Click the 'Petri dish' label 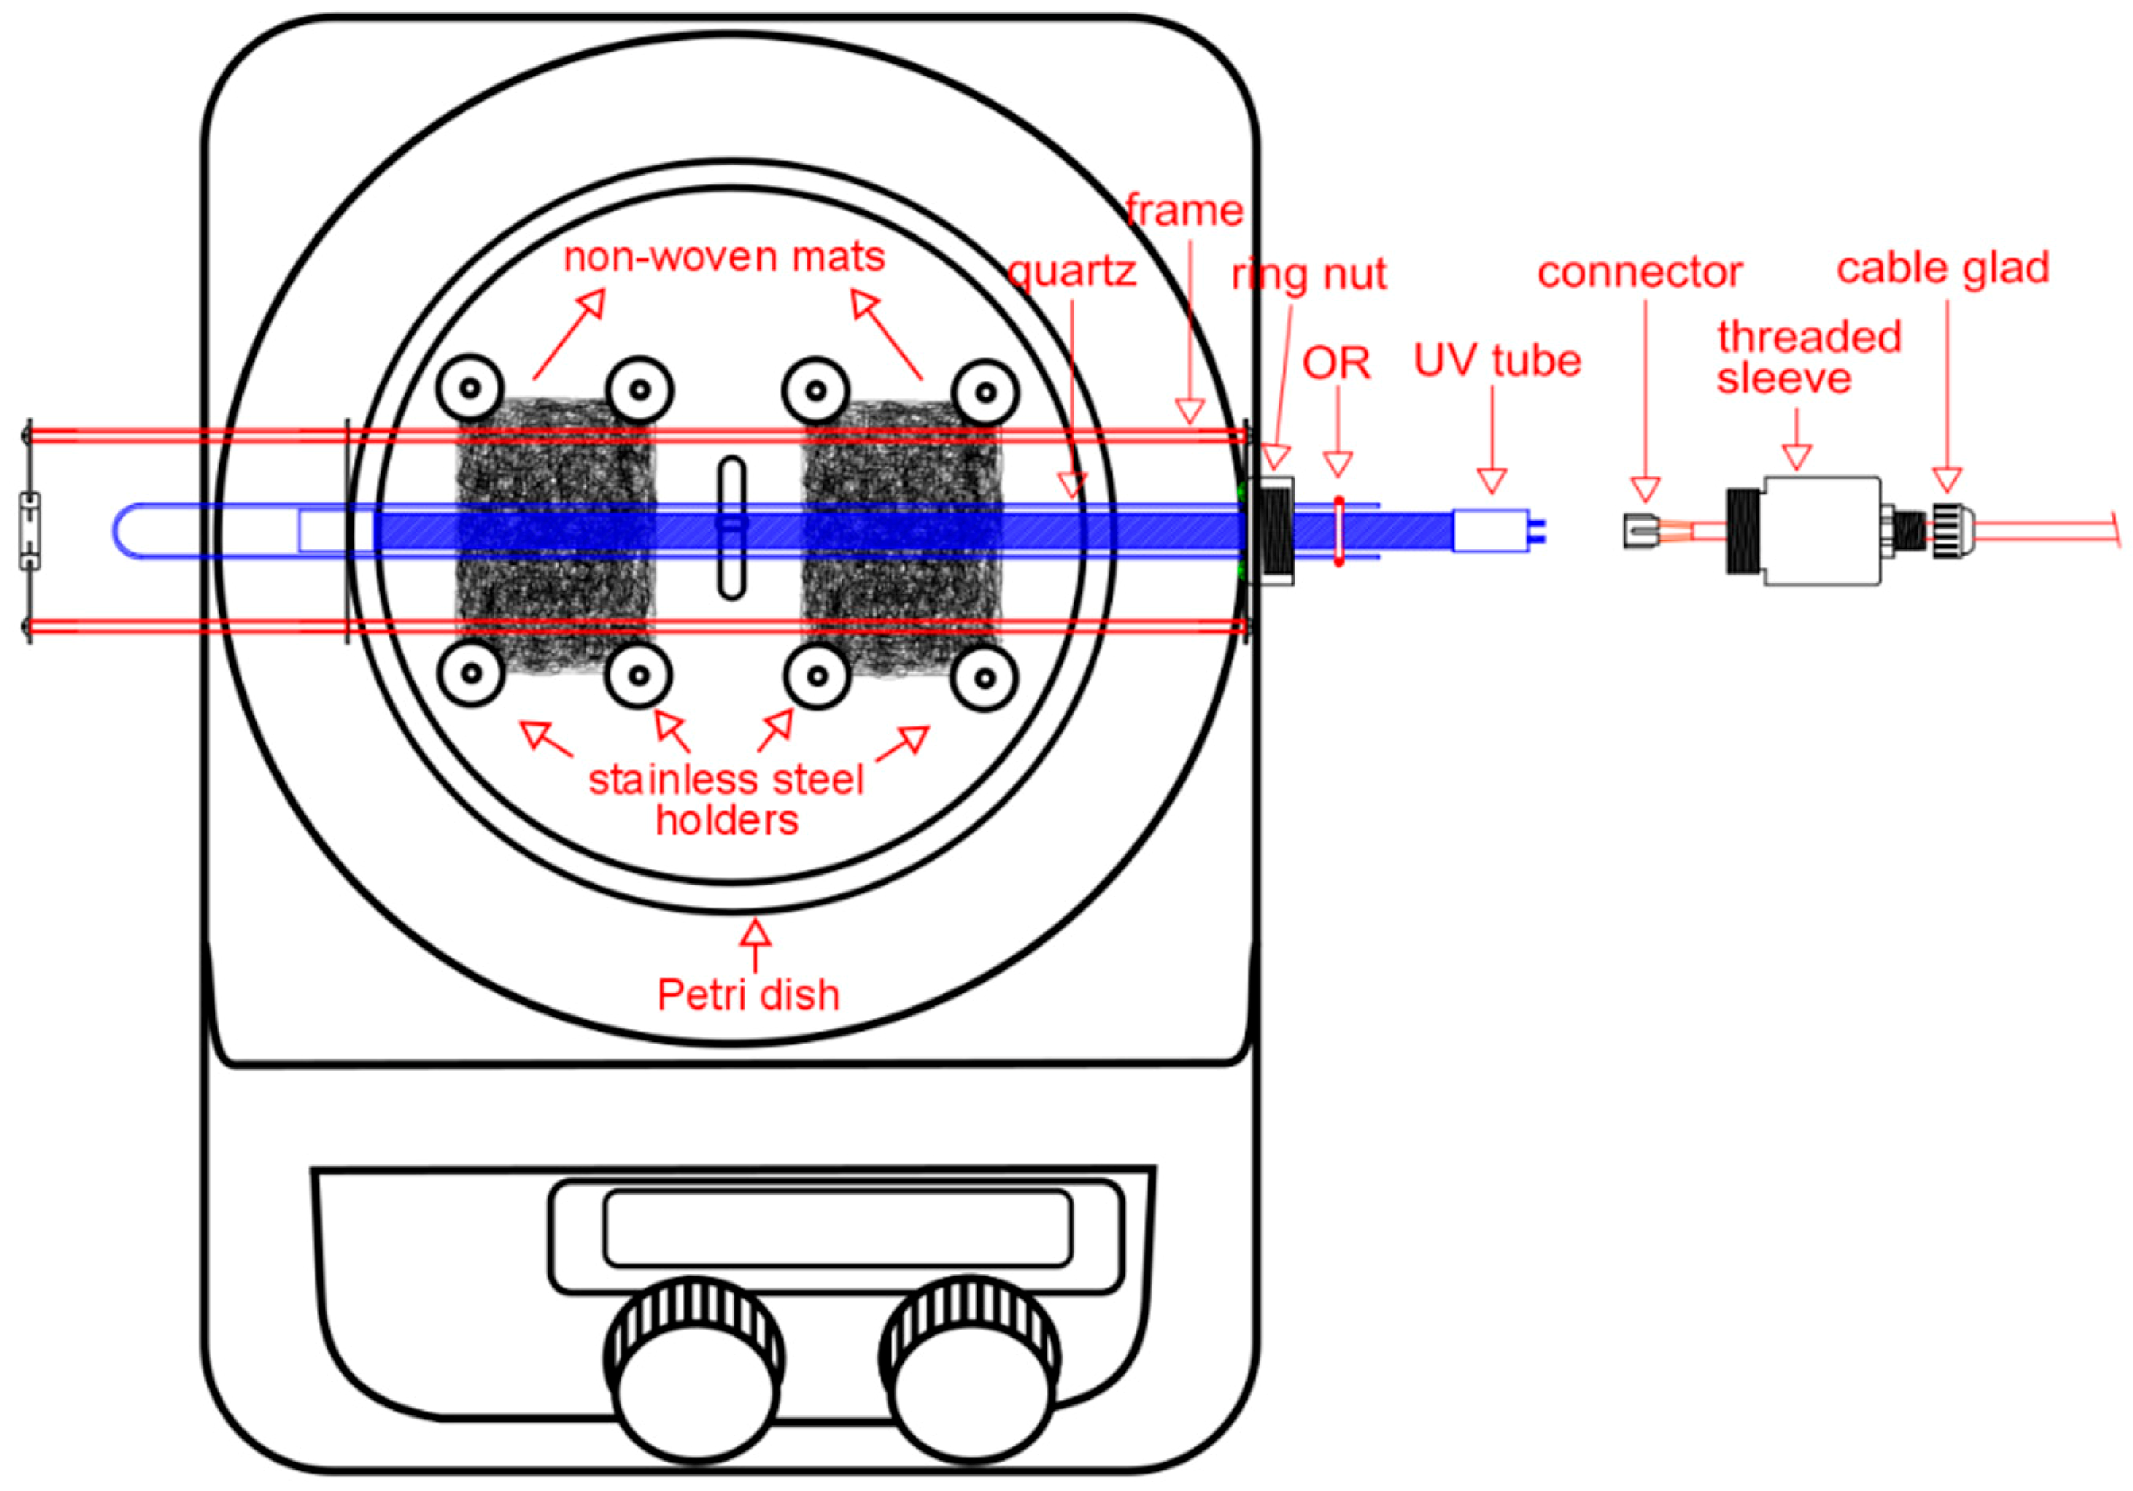tap(748, 994)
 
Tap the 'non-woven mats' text tap(724, 257)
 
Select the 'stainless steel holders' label tap(726, 799)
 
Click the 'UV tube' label tap(1496, 361)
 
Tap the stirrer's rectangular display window tap(837, 1227)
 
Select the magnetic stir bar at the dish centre tap(732, 528)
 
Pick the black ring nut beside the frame tap(1274, 532)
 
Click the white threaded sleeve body tap(1821, 532)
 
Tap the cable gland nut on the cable tap(1945, 532)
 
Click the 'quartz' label tap(1072, 271)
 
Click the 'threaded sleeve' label tap(1807, 358)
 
